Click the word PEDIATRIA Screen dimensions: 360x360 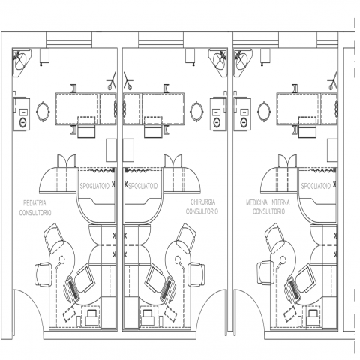[x=34, y=202]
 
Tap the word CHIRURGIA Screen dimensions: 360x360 [x=202, y=202]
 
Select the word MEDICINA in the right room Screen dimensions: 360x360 [x=256, y=202]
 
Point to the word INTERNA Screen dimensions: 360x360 [x=280, y=202]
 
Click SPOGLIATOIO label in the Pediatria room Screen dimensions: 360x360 [x=94, y=186]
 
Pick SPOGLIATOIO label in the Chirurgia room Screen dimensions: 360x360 [x=143, y=186]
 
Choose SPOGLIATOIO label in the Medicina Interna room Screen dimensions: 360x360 [x=316, y=186]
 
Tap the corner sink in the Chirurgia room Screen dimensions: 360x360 [x=218, y=61]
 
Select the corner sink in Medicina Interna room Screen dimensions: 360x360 [x=242, y=61]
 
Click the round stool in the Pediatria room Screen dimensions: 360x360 [x=43, y=111]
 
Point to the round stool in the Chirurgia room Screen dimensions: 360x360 [x=196, y=111]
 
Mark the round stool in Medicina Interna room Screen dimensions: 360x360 [x=264, y=111]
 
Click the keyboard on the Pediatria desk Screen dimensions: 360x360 [x=73, y=290]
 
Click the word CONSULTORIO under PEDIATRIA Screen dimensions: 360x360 [x=35, y=213]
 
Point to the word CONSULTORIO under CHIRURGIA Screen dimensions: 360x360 [x=202, y=211]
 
